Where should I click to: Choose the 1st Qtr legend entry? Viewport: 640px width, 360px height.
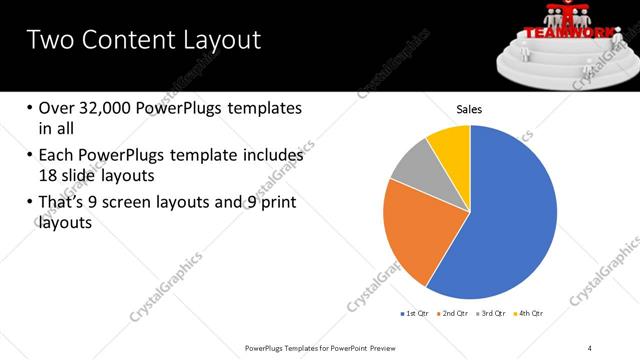coord(415,313)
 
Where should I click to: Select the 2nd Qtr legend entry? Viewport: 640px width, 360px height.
coord(453,313)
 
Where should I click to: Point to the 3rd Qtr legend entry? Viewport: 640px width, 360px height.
coord(491,313)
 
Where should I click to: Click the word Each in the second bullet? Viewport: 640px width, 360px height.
coord(57,156)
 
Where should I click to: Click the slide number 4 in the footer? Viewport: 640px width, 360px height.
coord(590,347)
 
